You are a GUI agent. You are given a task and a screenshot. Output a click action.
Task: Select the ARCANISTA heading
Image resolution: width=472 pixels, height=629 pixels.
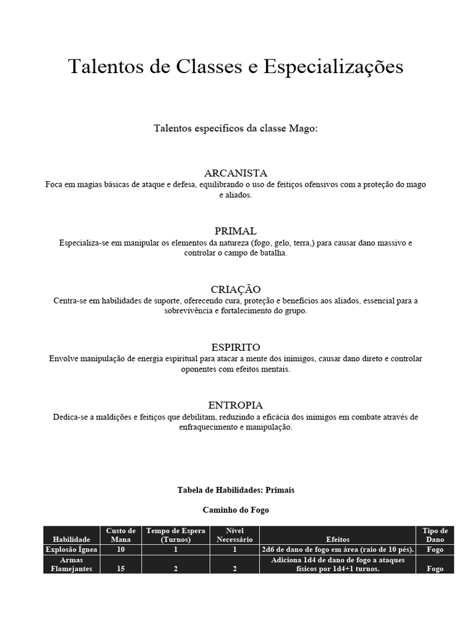coord(235,173)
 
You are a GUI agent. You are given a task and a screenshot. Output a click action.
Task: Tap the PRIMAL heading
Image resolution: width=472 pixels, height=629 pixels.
coord(235,231)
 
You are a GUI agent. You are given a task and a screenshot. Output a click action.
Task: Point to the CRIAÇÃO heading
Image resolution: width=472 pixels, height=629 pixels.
coord(235,289)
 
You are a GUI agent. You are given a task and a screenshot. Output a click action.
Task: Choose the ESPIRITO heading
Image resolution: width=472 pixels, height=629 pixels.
coord(235,347)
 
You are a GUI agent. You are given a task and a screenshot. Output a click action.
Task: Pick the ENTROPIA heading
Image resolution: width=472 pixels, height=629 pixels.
coord(235,405)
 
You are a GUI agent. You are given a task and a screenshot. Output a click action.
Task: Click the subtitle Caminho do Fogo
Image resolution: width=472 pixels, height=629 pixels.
coord(235,510)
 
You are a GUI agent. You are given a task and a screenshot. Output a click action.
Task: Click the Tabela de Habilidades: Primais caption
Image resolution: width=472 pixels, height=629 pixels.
coord(235,490)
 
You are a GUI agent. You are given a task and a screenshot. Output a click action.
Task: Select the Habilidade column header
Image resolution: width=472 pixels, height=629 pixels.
coord(71,539)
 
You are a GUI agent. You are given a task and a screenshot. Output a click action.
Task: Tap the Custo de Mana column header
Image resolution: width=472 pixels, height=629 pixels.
coord(120,534)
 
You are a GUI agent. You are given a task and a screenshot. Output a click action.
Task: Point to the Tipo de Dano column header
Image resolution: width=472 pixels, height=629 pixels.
coord(435,534)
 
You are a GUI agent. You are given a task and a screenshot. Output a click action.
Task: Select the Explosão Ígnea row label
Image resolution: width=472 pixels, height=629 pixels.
coord(71,549)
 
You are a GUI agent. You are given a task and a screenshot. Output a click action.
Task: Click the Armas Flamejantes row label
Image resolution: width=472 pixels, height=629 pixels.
coord(71,565)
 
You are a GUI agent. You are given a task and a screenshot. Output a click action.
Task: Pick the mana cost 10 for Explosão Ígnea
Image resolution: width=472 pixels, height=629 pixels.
coord(120,549)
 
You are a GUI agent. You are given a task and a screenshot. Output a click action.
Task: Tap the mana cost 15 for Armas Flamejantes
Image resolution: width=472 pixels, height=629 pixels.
coord(120,569)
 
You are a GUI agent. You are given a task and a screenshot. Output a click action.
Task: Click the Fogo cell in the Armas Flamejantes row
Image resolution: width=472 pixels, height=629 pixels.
coord(435,569)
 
